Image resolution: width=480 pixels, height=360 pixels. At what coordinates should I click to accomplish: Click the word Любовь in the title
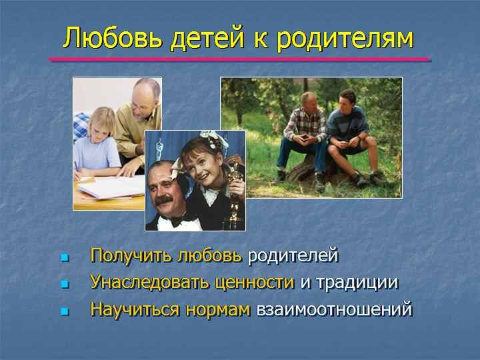click(113, 38)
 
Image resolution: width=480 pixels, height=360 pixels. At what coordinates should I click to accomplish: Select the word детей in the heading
click(207, 39)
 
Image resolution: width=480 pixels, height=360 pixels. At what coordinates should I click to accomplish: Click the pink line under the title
click(240, 59)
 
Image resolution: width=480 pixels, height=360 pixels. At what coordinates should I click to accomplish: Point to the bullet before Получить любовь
click(65, 257)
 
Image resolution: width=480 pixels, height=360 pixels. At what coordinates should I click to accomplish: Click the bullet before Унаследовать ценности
click(65, 284)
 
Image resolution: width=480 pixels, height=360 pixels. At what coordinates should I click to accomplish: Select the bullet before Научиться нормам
click(65, 311)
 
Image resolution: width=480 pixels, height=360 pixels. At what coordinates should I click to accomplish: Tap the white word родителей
click(293, 256)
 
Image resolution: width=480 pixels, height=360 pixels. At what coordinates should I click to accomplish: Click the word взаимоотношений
click(335, 309)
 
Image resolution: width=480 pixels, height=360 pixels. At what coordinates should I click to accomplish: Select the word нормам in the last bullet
click(218, 310)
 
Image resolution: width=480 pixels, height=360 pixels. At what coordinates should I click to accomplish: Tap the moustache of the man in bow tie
click(164, 201)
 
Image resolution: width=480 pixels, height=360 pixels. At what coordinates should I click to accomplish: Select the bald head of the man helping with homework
click(146, 90)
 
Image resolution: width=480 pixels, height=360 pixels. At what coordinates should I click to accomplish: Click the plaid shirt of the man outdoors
click(305, 123)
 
